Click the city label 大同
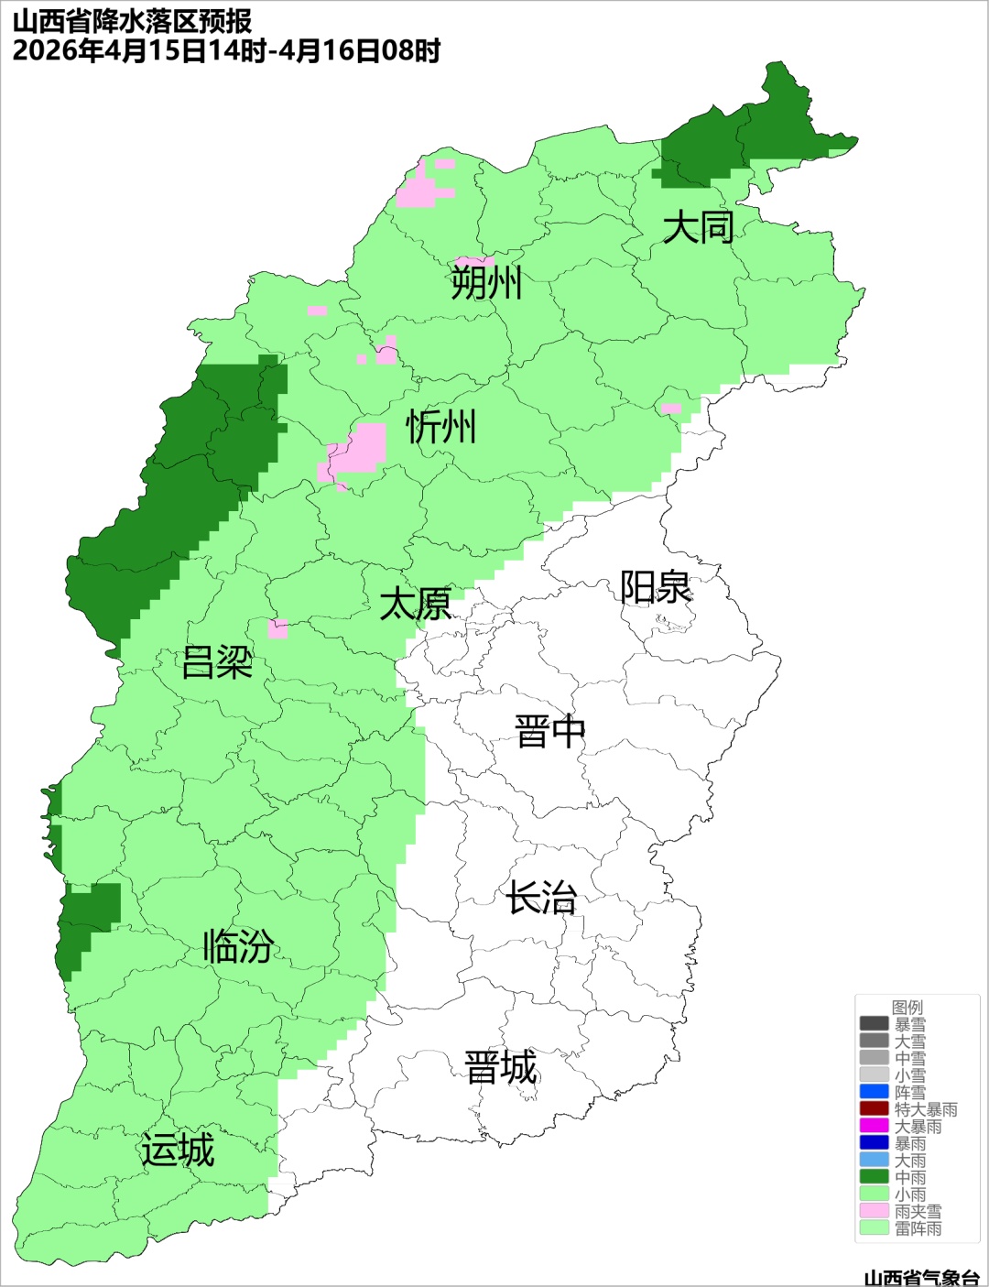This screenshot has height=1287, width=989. [698, 227]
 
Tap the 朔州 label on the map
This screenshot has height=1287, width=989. [486, 282]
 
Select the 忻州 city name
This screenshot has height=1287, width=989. [441, 427]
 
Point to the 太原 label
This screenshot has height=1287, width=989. [416, 605]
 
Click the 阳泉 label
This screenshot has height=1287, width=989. [656, 587]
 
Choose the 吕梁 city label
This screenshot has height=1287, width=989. [217, 662]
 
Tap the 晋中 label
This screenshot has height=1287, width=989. [549, 733]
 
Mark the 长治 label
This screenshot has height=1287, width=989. [542, 898]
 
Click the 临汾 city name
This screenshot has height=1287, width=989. [238, 946]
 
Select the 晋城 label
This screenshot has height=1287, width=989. [501, 1068]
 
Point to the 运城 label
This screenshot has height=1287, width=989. [178, 1151]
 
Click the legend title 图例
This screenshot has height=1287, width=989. [907, 1008]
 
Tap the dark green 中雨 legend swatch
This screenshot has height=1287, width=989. [875, 1177]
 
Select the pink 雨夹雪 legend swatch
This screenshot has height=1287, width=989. [875, 1211]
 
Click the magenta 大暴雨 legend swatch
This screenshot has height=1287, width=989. [875, 1126]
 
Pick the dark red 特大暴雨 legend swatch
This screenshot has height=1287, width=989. [875, 1108]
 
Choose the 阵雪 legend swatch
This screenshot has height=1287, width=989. [875, 1092]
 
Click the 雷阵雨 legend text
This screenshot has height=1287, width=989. [918, 1228]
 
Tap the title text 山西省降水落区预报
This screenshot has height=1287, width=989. [133, 21]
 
